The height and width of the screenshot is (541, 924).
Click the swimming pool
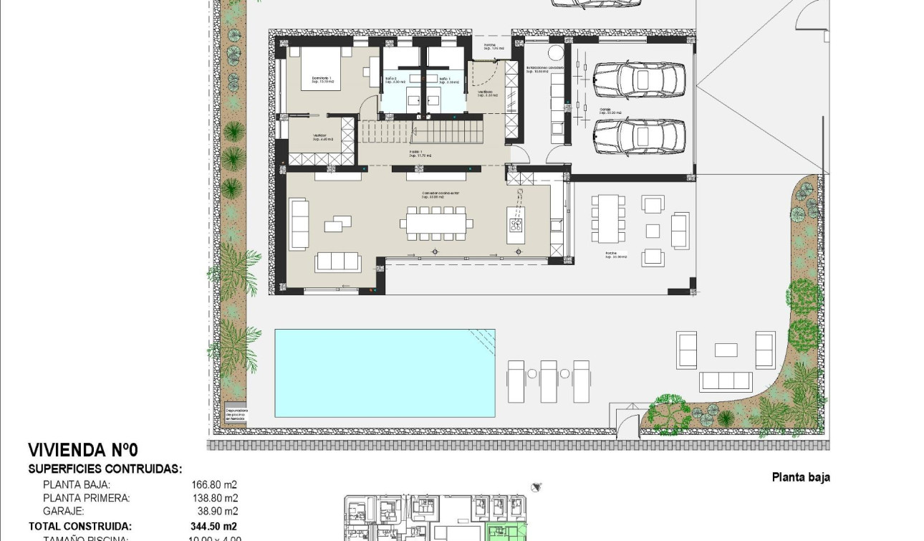coord(385,373)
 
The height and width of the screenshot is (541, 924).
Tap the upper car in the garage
coord(639,80)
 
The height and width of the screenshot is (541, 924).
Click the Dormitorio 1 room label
coord(322,80)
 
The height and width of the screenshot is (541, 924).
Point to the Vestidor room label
coord(320,137)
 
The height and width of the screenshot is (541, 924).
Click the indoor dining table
coord(435,224)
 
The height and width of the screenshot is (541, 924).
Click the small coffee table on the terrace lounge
coord(726,350)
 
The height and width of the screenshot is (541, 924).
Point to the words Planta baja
coord(801,477)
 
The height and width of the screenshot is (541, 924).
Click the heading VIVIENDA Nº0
coord(82,450)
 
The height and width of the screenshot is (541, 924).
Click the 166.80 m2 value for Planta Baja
coord(211,484)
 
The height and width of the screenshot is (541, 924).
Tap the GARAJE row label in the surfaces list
coord(64,512)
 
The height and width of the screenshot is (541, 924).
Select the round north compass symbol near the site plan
coord(536,487)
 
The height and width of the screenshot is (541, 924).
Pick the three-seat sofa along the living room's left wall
coord(298,224)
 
